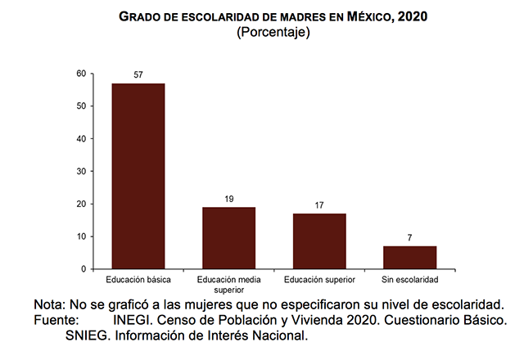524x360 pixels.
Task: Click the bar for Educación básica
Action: [138, 176]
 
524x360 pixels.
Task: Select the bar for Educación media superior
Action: [229, 238]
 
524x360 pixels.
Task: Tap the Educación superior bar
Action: [319, 241]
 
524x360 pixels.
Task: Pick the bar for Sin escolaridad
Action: [409, 258]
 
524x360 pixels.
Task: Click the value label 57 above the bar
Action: [138, 75]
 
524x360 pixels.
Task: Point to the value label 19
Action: [229, 199]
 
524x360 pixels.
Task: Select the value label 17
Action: [319, 205]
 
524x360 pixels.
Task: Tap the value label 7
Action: [409, 238]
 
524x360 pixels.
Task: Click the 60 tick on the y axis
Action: [81, 74]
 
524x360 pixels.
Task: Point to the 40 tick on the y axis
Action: [81, 139]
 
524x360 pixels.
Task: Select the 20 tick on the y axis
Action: [81, 204]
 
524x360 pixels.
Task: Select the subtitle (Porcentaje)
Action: [273, 33]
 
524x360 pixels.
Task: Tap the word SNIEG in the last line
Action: [88, 335]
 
